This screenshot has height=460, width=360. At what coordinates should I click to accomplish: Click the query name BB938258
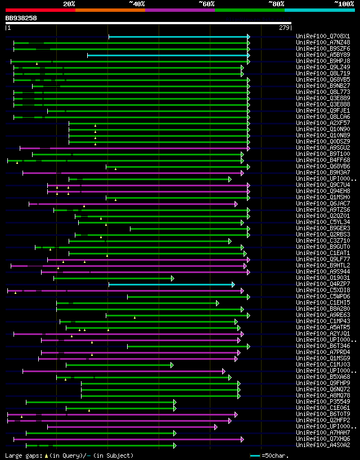21,18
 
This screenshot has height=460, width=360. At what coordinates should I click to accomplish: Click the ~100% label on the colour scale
343,4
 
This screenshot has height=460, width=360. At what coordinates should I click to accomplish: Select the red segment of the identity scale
40,10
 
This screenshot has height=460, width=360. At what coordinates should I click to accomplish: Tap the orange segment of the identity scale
110,10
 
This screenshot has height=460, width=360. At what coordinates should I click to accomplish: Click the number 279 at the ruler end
284,27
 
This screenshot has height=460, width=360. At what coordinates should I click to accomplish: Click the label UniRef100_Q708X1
323,37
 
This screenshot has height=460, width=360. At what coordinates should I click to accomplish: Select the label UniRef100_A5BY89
323,55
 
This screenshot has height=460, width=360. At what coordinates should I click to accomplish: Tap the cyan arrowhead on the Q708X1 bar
248,37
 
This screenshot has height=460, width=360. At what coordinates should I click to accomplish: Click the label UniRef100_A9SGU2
323,148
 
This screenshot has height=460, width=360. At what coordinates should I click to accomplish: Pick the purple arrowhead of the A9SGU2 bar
248,148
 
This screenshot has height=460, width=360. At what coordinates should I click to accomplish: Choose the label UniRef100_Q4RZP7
323,284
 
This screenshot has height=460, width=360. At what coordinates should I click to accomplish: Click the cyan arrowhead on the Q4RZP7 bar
233,284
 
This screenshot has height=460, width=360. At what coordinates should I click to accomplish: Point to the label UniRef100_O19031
323,278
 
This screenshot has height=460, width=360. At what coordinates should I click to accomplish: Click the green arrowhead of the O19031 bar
173,278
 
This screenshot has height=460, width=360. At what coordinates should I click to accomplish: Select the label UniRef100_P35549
323,402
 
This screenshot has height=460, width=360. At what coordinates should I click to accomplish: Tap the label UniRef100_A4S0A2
323,445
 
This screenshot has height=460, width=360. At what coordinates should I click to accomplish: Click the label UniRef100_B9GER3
323,229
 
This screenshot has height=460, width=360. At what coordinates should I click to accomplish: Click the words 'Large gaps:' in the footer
20,455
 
